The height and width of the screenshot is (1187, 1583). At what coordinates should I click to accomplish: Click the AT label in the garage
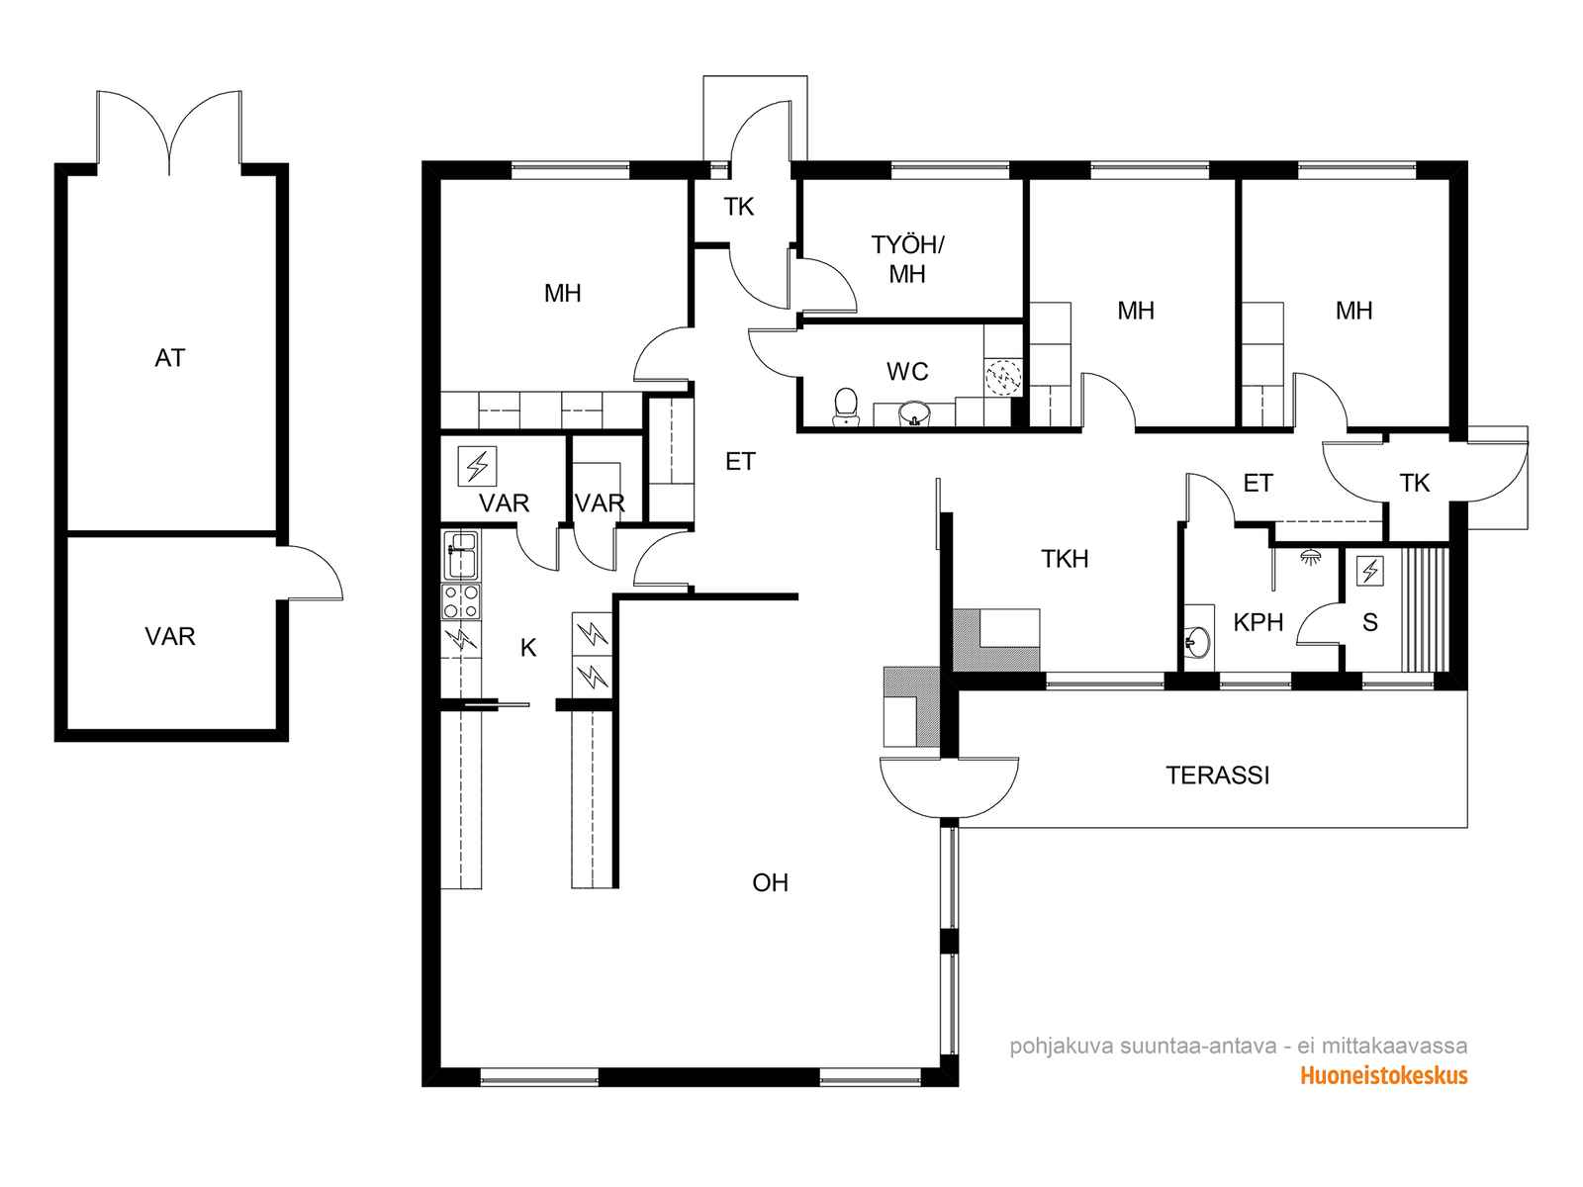(169, 358)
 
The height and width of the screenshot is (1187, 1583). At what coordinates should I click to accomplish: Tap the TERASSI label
(1217, 776)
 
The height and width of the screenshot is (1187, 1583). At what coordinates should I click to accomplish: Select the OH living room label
(770, 883)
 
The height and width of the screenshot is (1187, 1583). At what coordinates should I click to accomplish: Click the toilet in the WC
(845, 408)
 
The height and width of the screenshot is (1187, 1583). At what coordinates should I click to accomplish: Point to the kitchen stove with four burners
(461, 601)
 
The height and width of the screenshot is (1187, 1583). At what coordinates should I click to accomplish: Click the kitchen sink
(461, 555)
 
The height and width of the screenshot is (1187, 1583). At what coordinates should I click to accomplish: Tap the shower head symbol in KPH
(1310, 556)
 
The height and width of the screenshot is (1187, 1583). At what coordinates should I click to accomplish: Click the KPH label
(1257, 622)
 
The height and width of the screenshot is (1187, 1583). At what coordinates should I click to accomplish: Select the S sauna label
(1369, 622)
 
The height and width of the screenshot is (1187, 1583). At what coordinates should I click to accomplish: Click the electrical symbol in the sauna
(1369, 571)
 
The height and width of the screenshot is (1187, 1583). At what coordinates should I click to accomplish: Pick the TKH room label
(1065, 559)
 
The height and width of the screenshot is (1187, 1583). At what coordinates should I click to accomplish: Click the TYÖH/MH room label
(907, 259)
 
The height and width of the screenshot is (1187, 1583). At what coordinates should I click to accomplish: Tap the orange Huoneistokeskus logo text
(1383, 1076)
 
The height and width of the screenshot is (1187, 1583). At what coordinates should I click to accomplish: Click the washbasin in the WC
(914, 414)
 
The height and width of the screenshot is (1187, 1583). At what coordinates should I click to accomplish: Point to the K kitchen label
(528, 648)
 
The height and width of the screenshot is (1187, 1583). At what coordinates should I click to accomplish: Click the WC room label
(906, 372)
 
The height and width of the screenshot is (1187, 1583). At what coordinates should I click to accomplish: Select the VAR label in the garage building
(169, 636)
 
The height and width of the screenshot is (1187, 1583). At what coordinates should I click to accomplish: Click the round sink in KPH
(1197, 641)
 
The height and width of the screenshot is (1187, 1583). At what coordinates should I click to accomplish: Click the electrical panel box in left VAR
(477, 466)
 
